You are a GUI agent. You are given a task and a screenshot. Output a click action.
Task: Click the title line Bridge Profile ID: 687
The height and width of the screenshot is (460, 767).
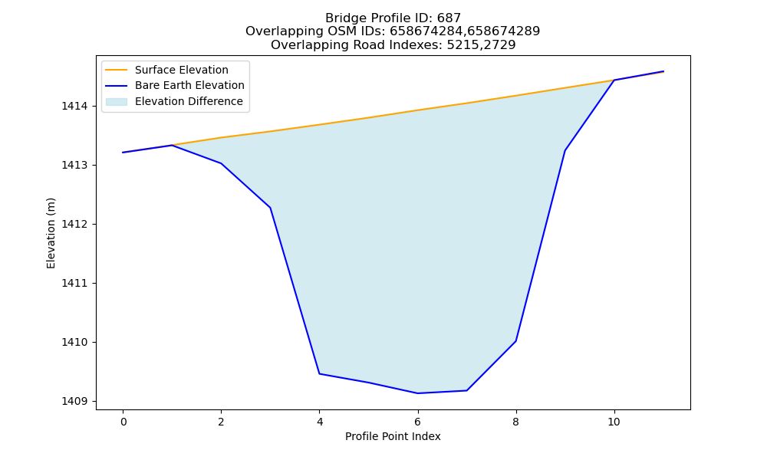pyautogui.click(x=393, y=18)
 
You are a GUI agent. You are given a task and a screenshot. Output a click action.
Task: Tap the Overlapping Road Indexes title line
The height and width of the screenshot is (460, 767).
pyautogui.click(x=393, y=45)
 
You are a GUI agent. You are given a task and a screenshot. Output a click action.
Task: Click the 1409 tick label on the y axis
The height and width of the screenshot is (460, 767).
pyautogui.click(x=74, y=401)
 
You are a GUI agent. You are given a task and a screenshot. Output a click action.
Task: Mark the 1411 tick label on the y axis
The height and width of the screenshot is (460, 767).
pyautogui.click(x=74, y=283)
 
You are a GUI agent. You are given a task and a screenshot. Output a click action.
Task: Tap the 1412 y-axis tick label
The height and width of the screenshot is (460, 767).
pyautogui.click(x=74, y=225)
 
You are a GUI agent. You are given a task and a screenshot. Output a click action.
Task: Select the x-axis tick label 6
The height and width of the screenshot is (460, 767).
pyautogui.click(x=418, y=422)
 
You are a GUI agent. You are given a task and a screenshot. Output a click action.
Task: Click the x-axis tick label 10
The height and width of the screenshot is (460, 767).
pyautogui.click(x=614, y=422)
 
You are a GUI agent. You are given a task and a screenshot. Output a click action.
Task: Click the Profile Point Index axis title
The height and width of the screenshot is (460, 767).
pyautogui.click(x=393, y=436)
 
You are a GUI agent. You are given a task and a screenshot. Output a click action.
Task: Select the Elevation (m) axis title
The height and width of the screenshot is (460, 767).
pyautogui.click(x=51, y=233)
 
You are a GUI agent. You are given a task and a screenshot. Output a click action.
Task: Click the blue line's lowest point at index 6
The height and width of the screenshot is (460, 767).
pyautogui.click(x=418, y=393)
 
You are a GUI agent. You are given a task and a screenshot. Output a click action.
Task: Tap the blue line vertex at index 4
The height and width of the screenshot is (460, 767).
pyautogui.click(x=319, y=373)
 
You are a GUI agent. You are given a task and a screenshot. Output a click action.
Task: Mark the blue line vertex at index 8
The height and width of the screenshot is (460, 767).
pyautogui.click(x=515, y=340)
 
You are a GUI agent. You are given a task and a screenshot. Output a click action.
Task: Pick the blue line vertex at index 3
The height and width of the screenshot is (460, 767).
pyautogui.click(x=270, y=208)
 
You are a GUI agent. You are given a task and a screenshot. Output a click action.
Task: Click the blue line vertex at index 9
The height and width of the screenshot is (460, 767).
pyautogui.click(x=565, y=150)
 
